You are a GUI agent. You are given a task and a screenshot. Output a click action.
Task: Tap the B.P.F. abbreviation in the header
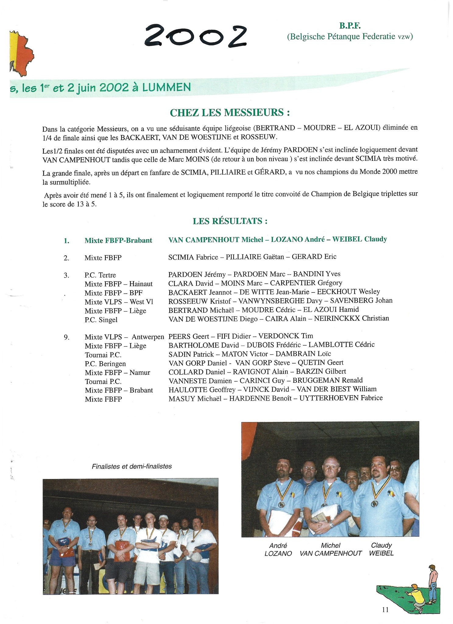(x=350, y=26)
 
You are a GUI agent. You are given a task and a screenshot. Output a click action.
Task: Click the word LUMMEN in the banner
(x=166, y=87)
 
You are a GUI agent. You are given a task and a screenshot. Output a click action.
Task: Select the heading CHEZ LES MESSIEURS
(x=229, y=113)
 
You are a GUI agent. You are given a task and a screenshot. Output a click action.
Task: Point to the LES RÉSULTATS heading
(x=230, y=221)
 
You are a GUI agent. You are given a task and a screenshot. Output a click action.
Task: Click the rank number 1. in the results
(x=66, y=241)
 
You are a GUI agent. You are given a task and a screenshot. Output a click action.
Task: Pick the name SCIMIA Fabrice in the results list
(x=193, y=257)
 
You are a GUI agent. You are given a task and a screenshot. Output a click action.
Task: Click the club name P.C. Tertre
(x=100, y=275)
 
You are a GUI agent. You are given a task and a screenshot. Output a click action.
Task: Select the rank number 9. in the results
(x=66, y=337)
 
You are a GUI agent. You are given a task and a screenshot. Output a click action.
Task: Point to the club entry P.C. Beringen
(x=105, y=364)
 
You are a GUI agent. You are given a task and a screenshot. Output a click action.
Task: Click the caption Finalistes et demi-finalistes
(x=132, y=466)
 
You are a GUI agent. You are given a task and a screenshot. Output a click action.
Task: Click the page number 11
(x=385, y=610)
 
